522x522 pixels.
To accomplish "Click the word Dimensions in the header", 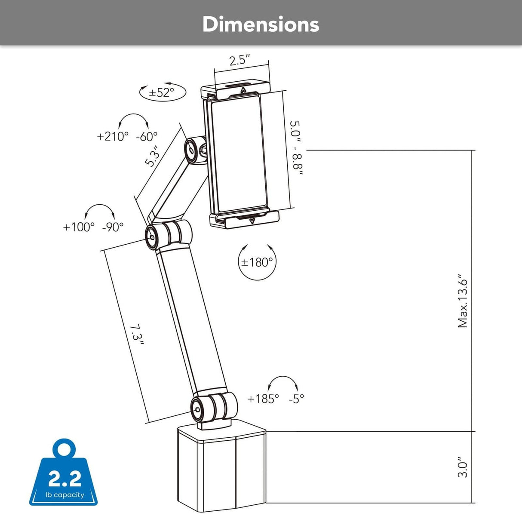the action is tap(261, 25).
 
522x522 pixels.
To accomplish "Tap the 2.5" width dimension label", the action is tap(240, 60).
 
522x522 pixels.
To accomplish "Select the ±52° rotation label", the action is tap(161, 92).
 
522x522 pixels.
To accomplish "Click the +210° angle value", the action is tap(113, 136).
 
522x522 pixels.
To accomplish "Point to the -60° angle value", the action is tap(147, 136).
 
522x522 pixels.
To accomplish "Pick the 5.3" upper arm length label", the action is tap(153, 158).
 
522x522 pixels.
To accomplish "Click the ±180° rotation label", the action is tap(257, 262).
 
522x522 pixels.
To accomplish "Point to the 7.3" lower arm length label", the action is tap(137, 334).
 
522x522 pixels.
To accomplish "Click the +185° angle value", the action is tap(263, 399).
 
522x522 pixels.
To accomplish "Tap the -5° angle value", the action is tap(296, 399).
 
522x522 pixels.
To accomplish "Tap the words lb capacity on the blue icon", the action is tap(65, 495).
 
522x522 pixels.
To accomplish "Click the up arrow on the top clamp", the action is tap(243, 90).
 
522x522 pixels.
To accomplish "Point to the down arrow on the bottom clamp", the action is tap(252, 221).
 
